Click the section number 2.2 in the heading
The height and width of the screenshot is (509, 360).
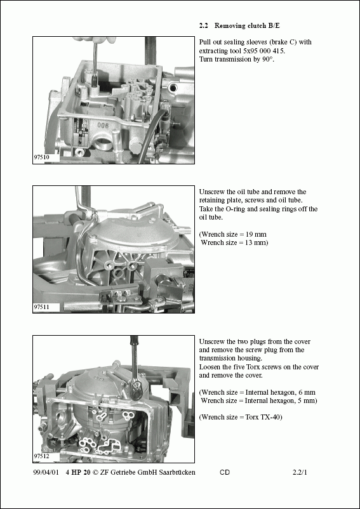pyautogui.click(x=204, y=25)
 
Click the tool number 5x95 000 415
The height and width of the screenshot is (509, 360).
pyautogui.click(x=264, y=51)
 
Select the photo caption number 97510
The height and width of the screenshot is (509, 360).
pyautogui.click(x=41, y=157)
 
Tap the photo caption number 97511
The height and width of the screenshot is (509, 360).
pyautogui.click(x=41, y=307)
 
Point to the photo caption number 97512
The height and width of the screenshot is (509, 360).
pyautogui.click(x=41, y=456)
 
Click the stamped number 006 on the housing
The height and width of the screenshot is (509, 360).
pyautogui.click(x=103, y=125)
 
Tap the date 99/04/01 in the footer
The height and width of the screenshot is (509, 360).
pyautogui.click(x=46, y=472)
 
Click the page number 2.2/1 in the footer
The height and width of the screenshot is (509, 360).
pyautogui.click(x=300, y=472)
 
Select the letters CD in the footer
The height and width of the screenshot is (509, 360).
pyautogui.click(x=225, y=472)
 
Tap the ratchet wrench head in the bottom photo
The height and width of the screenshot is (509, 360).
pyautogui.click(x=138, y=387)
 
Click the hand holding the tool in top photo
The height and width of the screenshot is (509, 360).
pyautogui.click(x=94, y=40)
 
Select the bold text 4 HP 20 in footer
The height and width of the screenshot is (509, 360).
pyautogui.click(x=78, y=472)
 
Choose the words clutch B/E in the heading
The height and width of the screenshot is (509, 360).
pyautogui.click(x=263, y=25)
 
